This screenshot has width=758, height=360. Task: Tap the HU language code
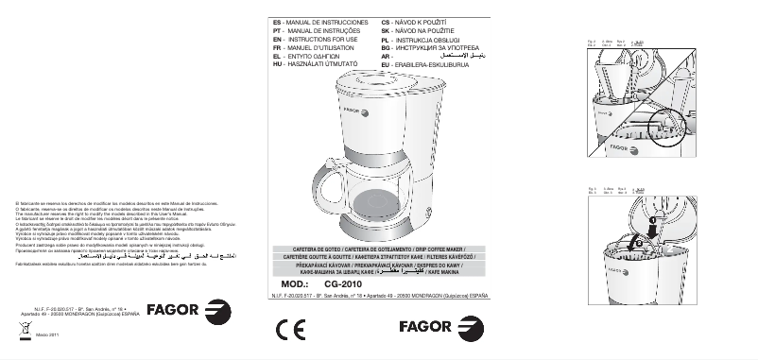(276, 62)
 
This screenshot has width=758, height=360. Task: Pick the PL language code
(385, 38)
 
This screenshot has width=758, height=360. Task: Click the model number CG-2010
(344, 283)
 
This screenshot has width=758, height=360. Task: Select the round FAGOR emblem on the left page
(216, 312)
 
